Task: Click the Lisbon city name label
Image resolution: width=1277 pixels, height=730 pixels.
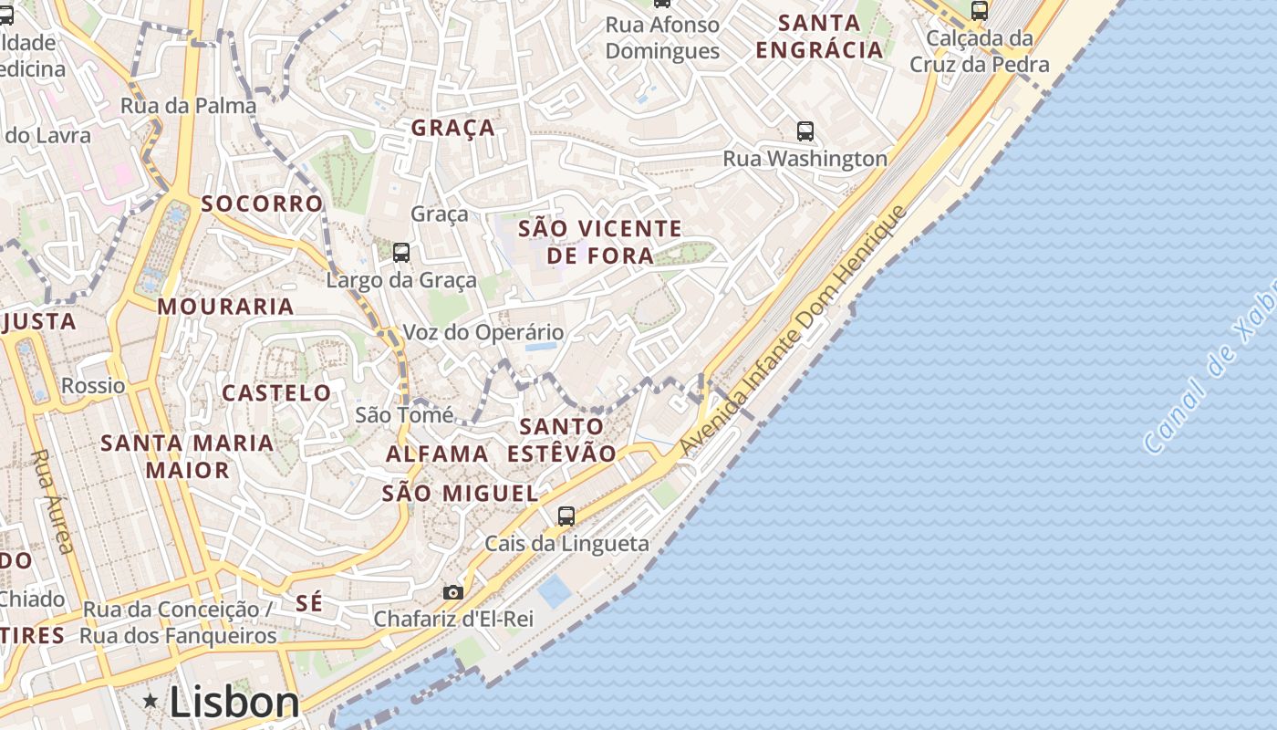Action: point(234,703)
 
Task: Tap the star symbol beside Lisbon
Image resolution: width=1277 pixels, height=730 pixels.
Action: point(151,701)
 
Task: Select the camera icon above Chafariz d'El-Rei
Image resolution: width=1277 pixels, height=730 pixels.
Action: point(452,592)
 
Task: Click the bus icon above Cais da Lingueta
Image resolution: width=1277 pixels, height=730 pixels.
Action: point(566,516)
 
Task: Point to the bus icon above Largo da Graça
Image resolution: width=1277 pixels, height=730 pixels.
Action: point(400,253)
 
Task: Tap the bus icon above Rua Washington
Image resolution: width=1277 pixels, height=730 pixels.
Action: point(805,131)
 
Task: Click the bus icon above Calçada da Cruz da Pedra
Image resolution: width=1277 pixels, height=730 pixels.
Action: point(979,11)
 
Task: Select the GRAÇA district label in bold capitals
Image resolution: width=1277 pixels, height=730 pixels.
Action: point(452,128)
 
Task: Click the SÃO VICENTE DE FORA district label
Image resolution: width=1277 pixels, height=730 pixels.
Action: point(600,242)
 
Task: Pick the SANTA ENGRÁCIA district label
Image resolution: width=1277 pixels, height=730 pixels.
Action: point(819,36)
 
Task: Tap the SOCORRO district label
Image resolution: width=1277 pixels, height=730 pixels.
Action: point(262,203)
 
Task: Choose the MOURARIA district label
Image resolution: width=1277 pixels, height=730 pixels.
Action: point(225,307)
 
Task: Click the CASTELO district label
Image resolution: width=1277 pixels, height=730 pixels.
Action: point(277,393)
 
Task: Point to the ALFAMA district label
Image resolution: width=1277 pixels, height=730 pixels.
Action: point(437,454)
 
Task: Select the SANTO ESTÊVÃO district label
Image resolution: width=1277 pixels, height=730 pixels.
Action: point(562,439)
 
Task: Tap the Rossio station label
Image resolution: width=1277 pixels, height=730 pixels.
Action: point(93,385)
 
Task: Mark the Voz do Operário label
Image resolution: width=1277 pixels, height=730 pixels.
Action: point(483,332)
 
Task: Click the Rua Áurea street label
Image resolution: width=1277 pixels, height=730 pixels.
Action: point(53,501)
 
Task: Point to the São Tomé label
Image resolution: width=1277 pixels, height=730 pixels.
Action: point(404,415)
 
